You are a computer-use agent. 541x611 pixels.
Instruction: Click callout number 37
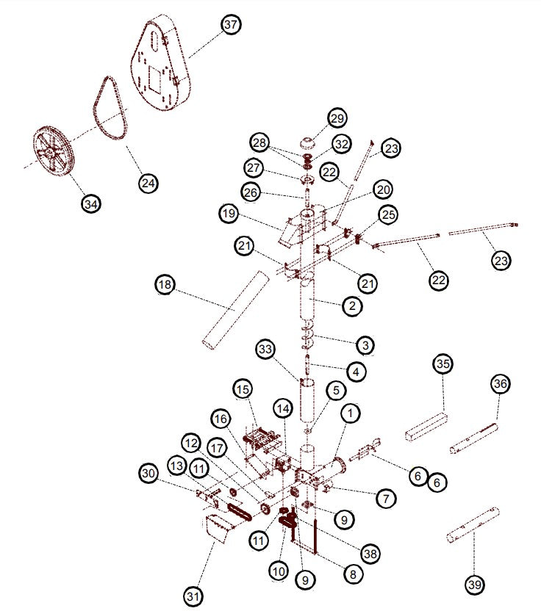232,25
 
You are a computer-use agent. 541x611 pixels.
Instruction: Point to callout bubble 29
337,118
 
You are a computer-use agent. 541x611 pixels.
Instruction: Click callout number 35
443,364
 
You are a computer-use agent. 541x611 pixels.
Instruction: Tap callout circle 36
500,383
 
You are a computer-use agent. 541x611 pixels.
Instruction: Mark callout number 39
475,585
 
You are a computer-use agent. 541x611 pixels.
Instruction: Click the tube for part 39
473,524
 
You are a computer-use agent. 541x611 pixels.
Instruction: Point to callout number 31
193,596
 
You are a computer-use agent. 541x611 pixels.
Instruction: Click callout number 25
388,214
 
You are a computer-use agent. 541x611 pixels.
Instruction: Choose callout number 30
149,474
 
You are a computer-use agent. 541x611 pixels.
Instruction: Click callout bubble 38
371,554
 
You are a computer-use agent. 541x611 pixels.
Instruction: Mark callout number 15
243,388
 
